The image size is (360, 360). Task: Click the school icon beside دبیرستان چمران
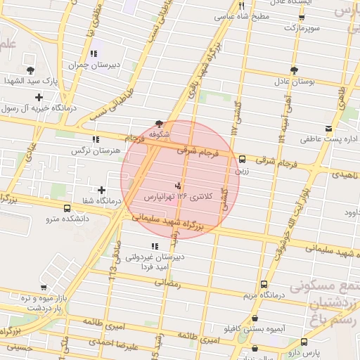coord(94,53)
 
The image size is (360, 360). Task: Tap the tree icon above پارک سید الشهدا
coord(31,70)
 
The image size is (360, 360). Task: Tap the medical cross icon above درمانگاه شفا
coord(103,190)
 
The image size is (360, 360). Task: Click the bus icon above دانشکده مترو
coord(67,208)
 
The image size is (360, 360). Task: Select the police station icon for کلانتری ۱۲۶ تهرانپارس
coord(177,186)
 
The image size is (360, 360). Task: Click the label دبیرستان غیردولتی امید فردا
coord(155,262)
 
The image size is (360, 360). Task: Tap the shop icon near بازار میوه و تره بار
coord(44,287)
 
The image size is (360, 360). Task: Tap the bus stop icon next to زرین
coord(243,159)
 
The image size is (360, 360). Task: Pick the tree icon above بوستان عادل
coord(294,70)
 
